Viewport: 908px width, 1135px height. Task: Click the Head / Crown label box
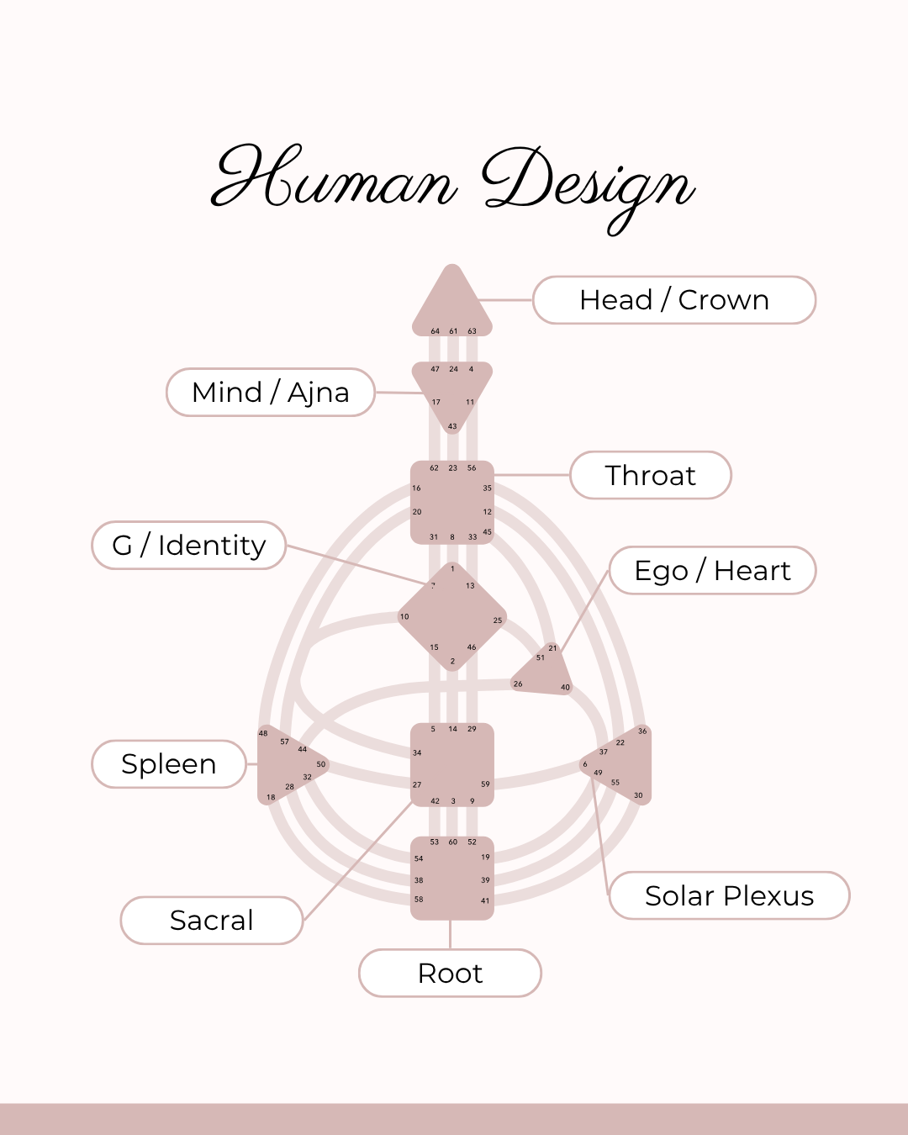coord(674,300)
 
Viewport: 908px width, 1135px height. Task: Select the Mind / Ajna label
coord(271,393)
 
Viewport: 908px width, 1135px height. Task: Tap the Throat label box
coord(651,476)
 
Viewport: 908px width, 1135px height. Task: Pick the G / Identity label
coord(189,546)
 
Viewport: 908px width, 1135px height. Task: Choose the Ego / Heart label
coord(713,571)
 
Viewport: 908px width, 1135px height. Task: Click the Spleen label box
coord(169,764)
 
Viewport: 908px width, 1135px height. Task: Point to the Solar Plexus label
coord(729,896)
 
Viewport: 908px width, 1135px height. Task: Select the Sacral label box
coord(212,921)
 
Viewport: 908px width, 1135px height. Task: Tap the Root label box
coord(450,974)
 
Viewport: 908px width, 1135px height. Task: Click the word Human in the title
coord(335,178)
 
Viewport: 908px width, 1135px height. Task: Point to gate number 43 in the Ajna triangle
coord(452,426)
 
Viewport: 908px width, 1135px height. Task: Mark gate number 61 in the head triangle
coord(453,331)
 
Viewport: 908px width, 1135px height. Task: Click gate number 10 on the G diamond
coord(404,617)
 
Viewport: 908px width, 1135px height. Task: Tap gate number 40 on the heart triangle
coord(565,687)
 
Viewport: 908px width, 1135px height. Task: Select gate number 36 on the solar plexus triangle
coord(642,731)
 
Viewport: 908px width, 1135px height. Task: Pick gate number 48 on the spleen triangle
coord(263,734)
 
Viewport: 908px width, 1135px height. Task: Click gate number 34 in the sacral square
coord(417,753)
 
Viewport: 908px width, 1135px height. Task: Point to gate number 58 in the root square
coord(419,900)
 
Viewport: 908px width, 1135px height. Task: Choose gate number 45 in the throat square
coord(488,532)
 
